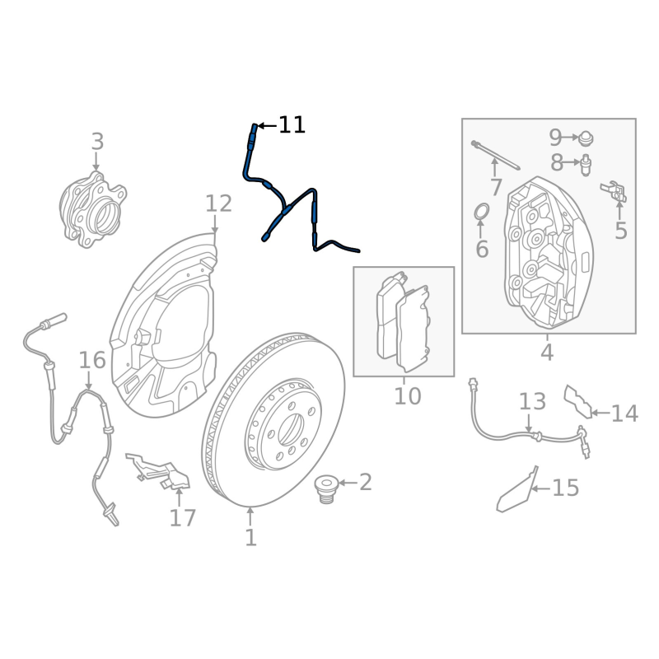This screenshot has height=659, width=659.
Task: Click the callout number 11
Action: pos(292,125)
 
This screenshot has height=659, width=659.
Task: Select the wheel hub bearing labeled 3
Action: pos(93,210)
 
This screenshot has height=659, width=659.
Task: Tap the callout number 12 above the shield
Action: pos(218,203)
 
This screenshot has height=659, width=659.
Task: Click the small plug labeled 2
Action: pos(326,488)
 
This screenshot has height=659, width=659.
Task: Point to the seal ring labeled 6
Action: pos(482,212)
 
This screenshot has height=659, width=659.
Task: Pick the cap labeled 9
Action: pos(586,138)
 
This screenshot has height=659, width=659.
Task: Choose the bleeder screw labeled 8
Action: pos(586,165)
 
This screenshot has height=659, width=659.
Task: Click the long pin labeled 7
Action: pos(496,155)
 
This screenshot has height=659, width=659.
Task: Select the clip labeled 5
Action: pos(614,192)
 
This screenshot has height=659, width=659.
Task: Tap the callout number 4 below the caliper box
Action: pos(547,352)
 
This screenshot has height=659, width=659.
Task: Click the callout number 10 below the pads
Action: pos(407,396)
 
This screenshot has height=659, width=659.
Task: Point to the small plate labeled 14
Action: pos(578,401)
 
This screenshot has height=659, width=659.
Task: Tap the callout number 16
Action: pos(92,361)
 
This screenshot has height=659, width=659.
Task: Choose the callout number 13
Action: pos(532,402)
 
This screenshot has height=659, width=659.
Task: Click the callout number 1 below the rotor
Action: pos(250,538)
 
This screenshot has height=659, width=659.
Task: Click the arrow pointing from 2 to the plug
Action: pos(348,483)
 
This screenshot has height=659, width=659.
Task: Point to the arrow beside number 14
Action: pos(601,414)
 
